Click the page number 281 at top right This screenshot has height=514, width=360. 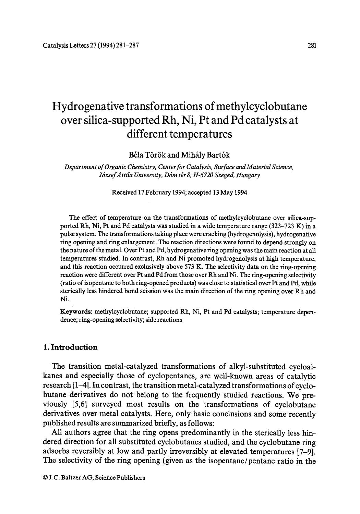tap(311, 45)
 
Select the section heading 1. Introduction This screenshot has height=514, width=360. tap(71, 347)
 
